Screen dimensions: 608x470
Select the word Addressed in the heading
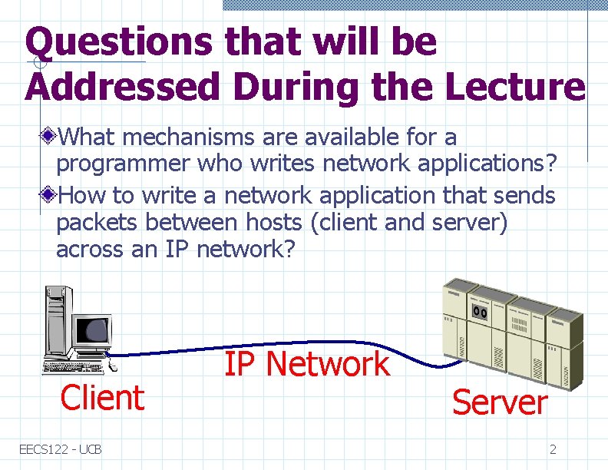tap(122, 88)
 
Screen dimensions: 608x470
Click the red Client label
tap(102, 398)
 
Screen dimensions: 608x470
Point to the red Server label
tap(500, 402)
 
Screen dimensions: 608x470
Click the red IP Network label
tap(306, 363)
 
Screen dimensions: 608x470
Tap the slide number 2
tap(553, 448)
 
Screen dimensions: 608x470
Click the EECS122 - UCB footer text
tap(61, 448)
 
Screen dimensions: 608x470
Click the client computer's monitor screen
tap(97, 330)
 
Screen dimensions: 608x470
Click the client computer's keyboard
tap(77, 360)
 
